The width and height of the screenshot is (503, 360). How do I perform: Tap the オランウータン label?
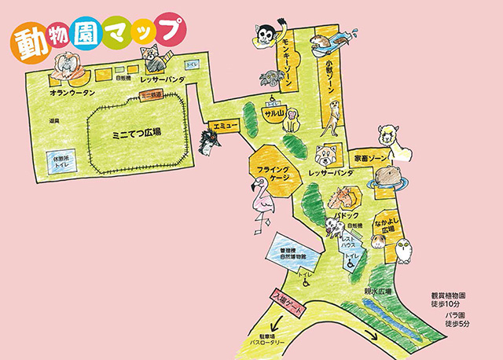[72, 93]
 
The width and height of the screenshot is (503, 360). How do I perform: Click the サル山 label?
[273, 116]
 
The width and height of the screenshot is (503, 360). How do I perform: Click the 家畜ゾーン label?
[371, 158]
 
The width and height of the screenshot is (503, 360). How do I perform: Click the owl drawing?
[406, 251]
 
